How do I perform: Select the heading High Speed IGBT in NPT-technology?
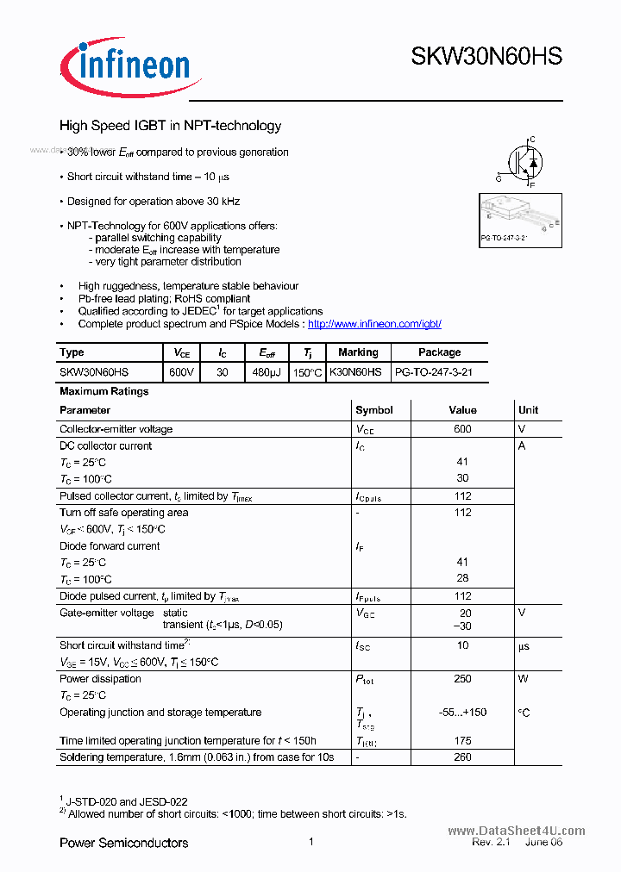pyautogui.click(x=170, y=126)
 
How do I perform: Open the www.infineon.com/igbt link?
pyautogui.click(x=374, y=324)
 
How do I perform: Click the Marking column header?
pyautogui.click(x=358, y=352)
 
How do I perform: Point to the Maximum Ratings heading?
pyautogui.click(x=103, y=391)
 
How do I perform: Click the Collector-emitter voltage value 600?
pyautogui.click(x=462, y=429)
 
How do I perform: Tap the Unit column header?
pyautogui.click(x=528, y=410)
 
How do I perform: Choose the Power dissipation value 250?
pyautogui.click(x=462, y=679)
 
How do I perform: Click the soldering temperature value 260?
pyautogui.click(x=462, y=757)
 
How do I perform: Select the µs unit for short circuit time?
pyautogui.click(x=524, y=646)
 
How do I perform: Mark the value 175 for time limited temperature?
pyautogui.click(x=462, y=741)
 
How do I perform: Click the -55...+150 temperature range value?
pyautogui.click(x=462, y=713)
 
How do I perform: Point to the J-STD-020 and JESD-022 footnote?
pyautogui.click(x=127, y=801)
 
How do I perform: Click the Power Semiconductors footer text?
pyautogui.click(x=123, y=843)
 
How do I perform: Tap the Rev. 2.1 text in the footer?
pyautogui.click(x=491, y=842)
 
